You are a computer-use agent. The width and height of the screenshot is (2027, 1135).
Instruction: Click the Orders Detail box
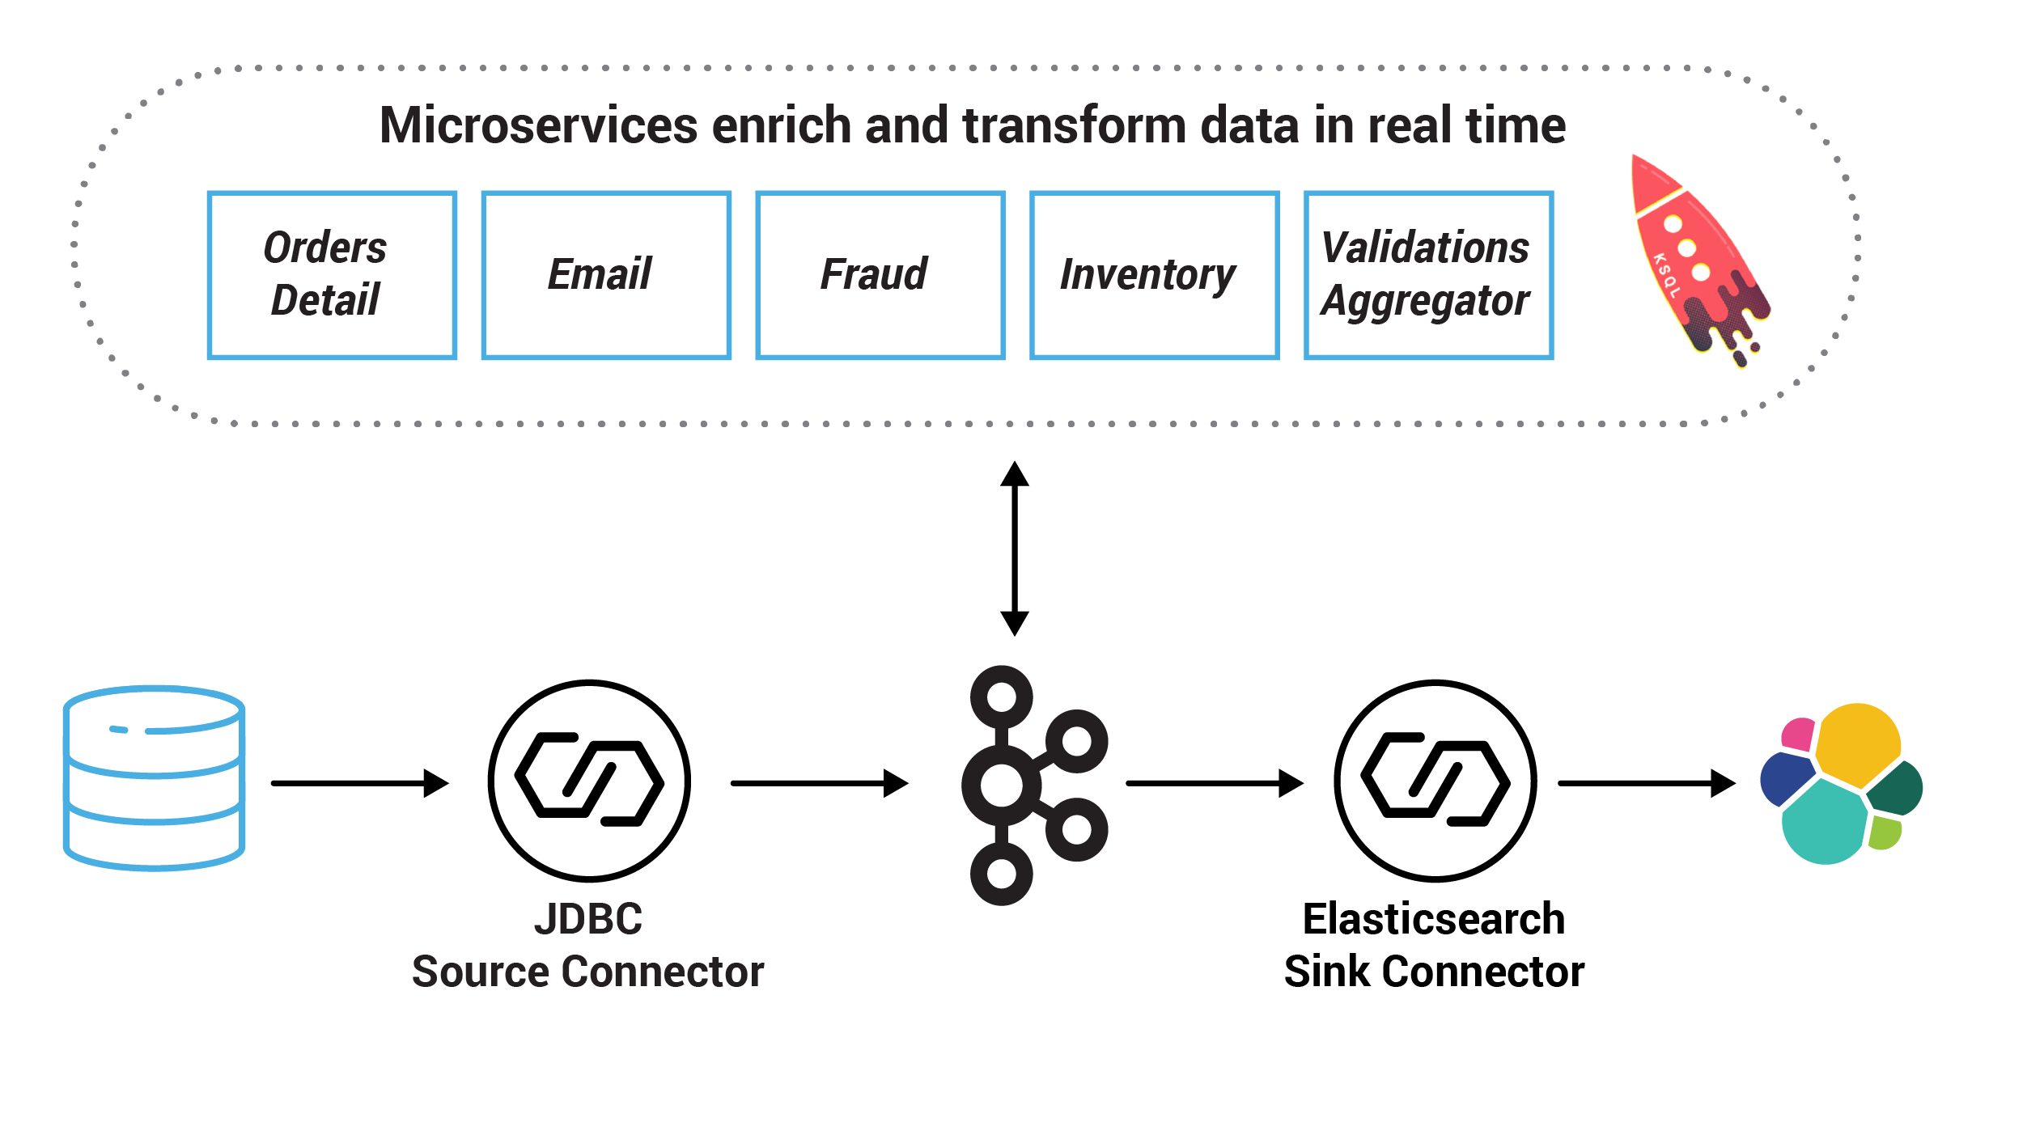click(x=332, y=275)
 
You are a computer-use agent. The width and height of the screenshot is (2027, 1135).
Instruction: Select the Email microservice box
click(x=606, y=275)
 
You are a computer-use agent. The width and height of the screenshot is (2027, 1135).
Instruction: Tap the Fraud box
click(x=880, y=275)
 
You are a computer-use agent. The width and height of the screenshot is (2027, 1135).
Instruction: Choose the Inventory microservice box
click(x=1154, y=275)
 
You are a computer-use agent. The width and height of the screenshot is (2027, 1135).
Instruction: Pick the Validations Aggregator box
click(x=1428, y=275)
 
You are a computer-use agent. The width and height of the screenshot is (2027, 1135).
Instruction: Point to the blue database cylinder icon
click(x=154, y=778)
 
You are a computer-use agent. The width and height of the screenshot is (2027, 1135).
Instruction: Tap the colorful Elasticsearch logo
click(x=1841, y=783)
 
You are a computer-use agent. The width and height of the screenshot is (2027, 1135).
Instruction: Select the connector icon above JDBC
click(x=589, y=781)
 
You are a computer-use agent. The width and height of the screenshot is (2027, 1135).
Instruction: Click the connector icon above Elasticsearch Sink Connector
click(x=1435, y=781)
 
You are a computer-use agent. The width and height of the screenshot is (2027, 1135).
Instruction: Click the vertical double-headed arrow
click(x=1014, y=548)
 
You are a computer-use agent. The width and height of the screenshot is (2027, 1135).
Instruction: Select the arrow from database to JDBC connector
click(x=359, y=783)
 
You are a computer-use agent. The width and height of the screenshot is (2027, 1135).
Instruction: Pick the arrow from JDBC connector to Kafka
click(x=819, y=783)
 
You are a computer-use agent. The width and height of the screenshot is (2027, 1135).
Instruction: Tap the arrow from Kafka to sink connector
click(x=1214, y=783)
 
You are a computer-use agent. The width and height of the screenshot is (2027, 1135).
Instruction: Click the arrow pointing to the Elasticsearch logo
click(x=1646, y=783)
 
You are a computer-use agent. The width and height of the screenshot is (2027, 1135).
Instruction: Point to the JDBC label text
click(x=588, y=919)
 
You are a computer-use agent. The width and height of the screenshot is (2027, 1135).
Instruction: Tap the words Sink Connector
click(x=1434, y=972)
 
